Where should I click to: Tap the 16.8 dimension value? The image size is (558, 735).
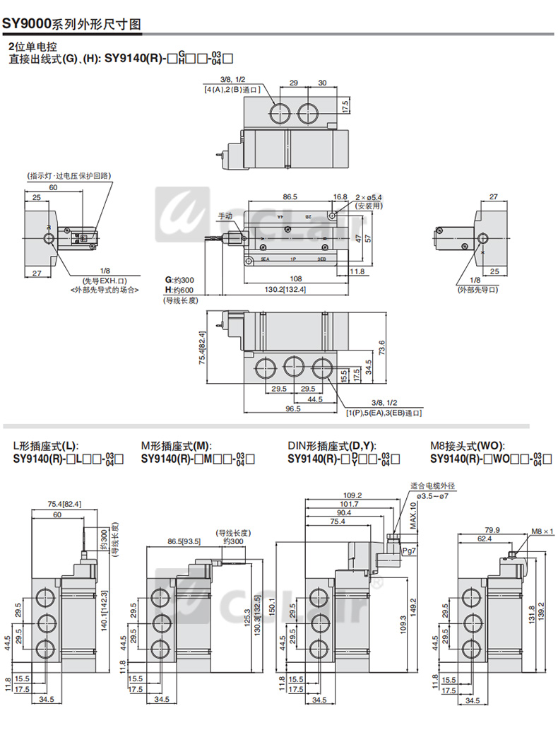pos(340,197)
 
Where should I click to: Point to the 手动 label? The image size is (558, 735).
pos(225,216)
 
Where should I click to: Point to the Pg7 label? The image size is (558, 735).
pos(409,549)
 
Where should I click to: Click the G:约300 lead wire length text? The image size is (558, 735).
pos(179,280)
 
